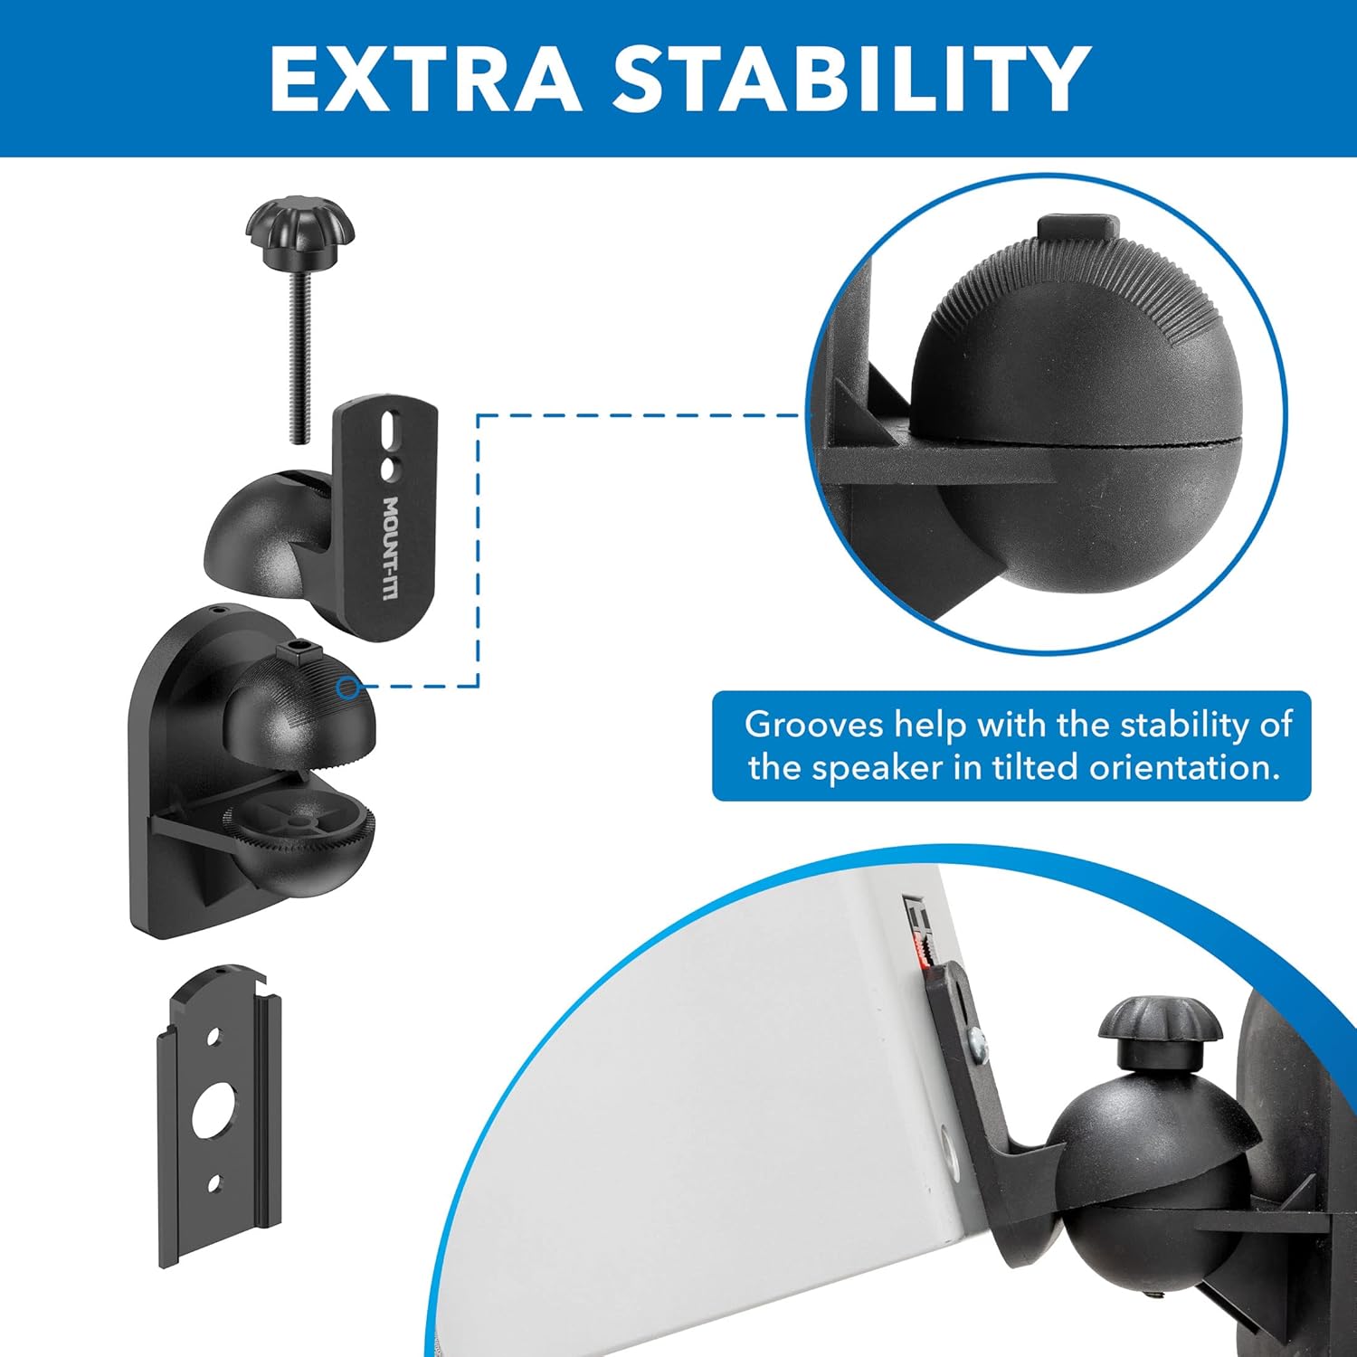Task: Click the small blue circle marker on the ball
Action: coord(346,688)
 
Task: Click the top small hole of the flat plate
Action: coord(214,1037)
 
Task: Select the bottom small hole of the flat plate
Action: coord(214,1182)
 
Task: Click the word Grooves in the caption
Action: coord(813,725)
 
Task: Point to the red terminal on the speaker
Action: coord(922,949)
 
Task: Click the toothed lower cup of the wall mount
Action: coord(299,832)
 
